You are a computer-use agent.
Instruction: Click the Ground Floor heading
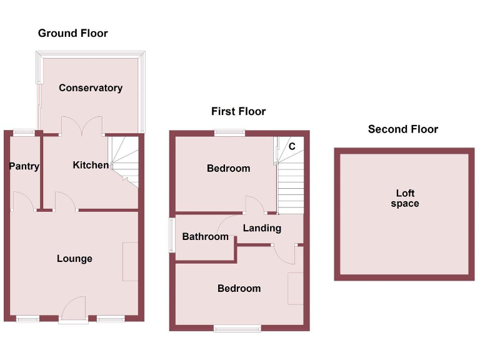click(x=72, y=33)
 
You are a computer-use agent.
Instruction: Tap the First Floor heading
click(x=238, y=111)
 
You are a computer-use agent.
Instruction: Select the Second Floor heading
click(x=402, y=129)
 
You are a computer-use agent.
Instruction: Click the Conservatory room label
click(x=90, y=88)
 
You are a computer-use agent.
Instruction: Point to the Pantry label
click(x=24, y=166)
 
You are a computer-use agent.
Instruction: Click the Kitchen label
click(x=91, y=165)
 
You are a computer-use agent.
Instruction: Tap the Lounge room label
click(x=74, y=258)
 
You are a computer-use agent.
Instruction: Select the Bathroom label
click(x=205, y=237)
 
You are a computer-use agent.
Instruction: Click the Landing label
click(x=262, y=228)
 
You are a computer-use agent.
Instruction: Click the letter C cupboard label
click(x=291, y=146)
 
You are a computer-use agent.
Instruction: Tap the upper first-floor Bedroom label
click(x=228, y=168)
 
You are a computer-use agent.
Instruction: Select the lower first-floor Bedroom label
click(x=239, y=288)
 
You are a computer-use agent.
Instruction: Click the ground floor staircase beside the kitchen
click(x=124, y=159)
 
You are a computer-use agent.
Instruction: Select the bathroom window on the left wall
click(x=171, y=235)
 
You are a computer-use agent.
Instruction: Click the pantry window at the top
click(x=24, y=132)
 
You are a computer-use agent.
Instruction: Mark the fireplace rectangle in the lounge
click(x=130, y=261)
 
